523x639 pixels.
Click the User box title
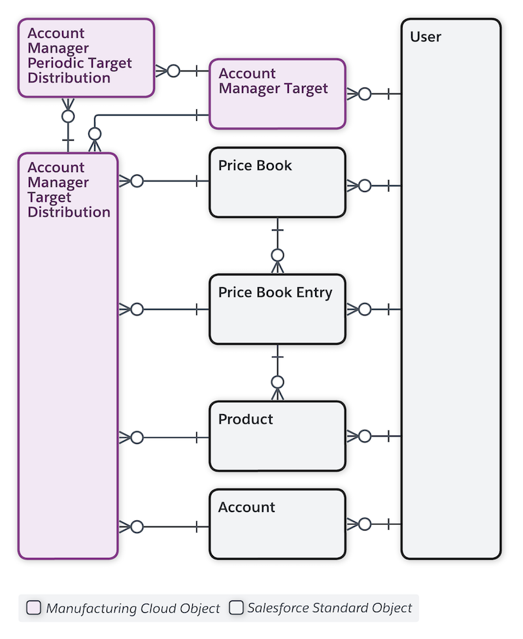tap(426, 37)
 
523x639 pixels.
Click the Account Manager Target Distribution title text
tap(68, 190)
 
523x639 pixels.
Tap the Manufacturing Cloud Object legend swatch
tap(33, 608)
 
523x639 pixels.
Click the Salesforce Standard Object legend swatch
tap(236, 608)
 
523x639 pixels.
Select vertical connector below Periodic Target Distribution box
tap(68, 131)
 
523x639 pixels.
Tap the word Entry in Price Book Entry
tap(314, 293)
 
